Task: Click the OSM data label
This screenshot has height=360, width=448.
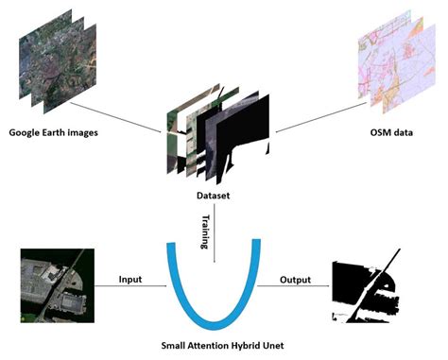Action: (x=389, y=130)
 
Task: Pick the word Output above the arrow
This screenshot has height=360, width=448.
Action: (x=296, y=281)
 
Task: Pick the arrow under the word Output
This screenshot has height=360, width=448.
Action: (x=295, y=291)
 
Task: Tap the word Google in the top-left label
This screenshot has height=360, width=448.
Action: (x=27, y=130)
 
